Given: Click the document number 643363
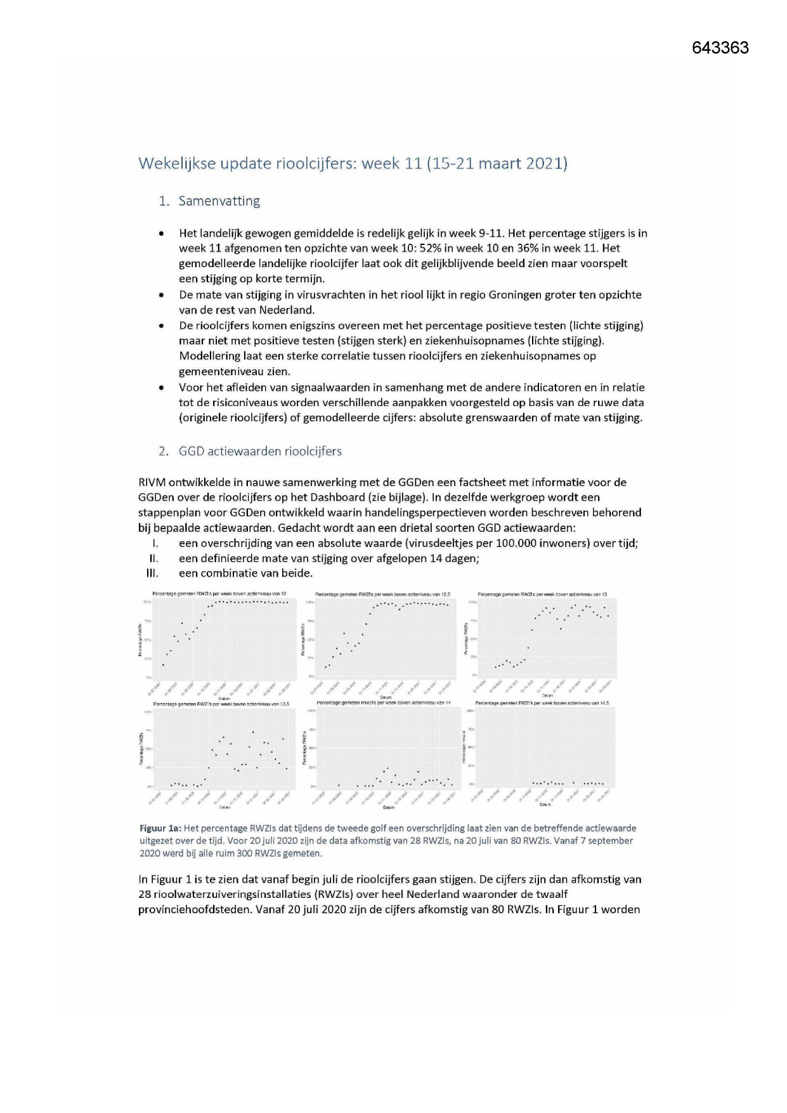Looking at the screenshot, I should coord(720,48).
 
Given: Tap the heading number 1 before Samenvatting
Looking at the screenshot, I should coord(164,201).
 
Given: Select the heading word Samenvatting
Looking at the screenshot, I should coord(219,201).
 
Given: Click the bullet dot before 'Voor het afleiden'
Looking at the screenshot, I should coord(164,388).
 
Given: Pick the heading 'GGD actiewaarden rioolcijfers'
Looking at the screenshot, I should coord(260,451).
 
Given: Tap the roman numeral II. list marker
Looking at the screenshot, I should coord(153,558).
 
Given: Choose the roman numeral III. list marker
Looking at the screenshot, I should coord(152,574).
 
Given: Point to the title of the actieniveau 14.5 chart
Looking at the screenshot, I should coord(542,703).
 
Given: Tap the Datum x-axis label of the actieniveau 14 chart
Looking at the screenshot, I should coord(388,808).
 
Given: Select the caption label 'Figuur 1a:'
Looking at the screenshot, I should coord(160,828).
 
